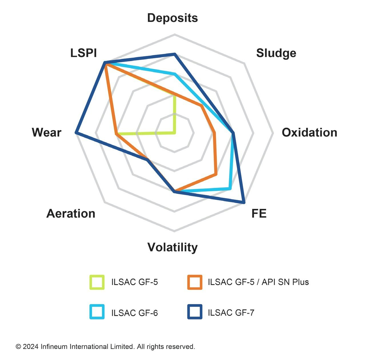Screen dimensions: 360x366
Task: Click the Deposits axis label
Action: point(172,18)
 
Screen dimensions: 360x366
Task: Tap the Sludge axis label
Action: point(276,53)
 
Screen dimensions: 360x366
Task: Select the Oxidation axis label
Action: point(309,133)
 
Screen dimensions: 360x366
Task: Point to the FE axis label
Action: point(259,214)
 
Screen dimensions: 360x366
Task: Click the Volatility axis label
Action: point(172,247)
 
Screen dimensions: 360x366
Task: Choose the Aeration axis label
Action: point(71,214)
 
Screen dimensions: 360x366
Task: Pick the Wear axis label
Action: point(47,133)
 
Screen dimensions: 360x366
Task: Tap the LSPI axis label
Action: point(83,53)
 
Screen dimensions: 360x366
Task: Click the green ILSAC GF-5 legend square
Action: point(97,282)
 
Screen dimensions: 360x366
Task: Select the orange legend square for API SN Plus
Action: point(195,282)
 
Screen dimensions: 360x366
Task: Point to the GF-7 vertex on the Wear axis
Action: point(76,132)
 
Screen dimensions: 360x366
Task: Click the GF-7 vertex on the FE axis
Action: point(244,202)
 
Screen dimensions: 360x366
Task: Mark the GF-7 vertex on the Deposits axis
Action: point(175,54)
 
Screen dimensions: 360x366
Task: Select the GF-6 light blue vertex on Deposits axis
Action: point(175,74)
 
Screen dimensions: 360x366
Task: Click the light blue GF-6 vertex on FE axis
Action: point(229,188)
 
